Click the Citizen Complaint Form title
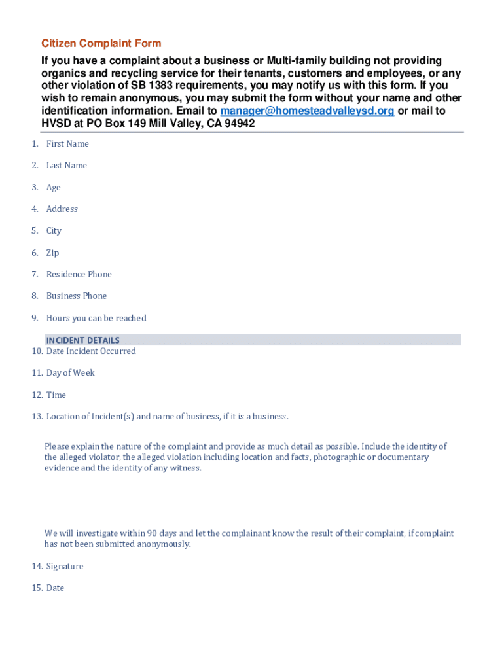click(x=101, y=44)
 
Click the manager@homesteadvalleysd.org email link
click(x=307, y=111)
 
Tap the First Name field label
click(x=67, y=144)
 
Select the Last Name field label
click(x=66, y=166)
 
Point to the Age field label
click(x=53, y=188)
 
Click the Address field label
click(x=62, y=209)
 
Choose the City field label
click(x=54, y=231)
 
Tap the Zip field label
click(x=52, y=253)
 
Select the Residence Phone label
click(x=79, y=275)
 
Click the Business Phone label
click(x=76, y=296)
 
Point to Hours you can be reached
click(x=96, y=319)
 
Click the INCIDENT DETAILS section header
click(x=82, y=340)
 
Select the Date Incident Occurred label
click(x=91, y=351)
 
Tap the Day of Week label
click(x=70, y=373)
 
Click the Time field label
click(x=56, y=395)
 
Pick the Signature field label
click(x=65, y=567)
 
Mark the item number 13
click(x=37, y=417)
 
